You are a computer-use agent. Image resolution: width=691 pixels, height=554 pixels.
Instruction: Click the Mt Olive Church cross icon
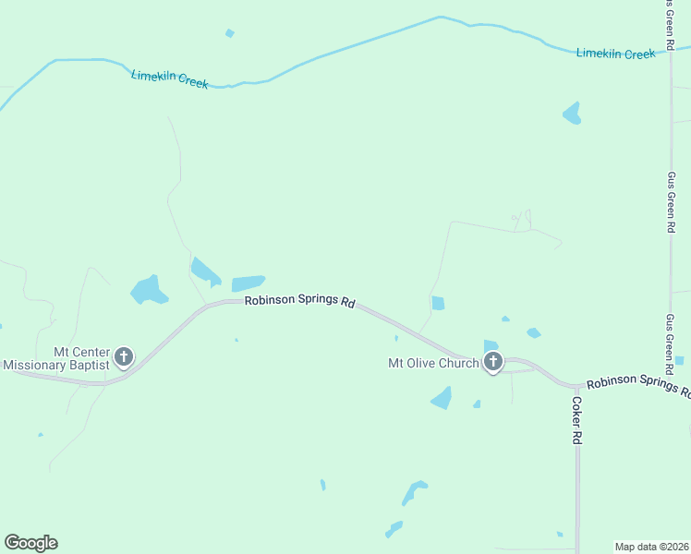click(493, 362)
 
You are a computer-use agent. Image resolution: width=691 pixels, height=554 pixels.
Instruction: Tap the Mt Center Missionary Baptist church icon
click(124, 356)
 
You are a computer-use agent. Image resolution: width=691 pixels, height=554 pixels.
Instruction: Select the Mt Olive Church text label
click(432, 363)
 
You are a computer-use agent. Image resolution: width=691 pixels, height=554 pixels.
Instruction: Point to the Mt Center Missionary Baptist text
click(55, 358)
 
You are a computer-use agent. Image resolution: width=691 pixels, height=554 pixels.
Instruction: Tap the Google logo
click(30, 542)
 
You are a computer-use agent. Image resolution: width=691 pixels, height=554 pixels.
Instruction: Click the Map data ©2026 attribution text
click(651, 546)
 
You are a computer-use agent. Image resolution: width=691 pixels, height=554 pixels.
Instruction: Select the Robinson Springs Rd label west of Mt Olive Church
click(300, 302)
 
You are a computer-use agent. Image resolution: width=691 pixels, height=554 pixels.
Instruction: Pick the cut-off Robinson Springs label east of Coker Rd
click(637, 386)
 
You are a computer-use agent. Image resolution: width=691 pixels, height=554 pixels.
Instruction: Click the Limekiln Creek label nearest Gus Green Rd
click(615, 54)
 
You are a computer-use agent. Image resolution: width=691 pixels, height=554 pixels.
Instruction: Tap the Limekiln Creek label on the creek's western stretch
click(170, 78)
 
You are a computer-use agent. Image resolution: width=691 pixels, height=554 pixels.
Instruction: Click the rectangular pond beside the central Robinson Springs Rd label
click(248, 283)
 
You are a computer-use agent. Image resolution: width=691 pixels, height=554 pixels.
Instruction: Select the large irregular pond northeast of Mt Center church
click(148, 290)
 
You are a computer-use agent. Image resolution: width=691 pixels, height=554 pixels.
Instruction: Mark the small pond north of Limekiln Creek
click(229, 33)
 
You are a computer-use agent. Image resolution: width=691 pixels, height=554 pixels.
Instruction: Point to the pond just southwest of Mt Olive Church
click(442, 398)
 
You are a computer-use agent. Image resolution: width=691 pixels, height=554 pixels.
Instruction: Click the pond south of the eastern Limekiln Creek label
click(573, 114)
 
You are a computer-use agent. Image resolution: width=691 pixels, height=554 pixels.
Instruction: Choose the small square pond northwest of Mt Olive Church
click(438, 303)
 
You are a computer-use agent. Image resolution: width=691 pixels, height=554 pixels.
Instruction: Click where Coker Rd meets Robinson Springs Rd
click(576, 385)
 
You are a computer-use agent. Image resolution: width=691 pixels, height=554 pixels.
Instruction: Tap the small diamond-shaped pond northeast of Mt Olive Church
click(533, 332)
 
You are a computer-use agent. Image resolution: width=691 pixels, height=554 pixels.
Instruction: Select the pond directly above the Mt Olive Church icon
click(491, 345)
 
